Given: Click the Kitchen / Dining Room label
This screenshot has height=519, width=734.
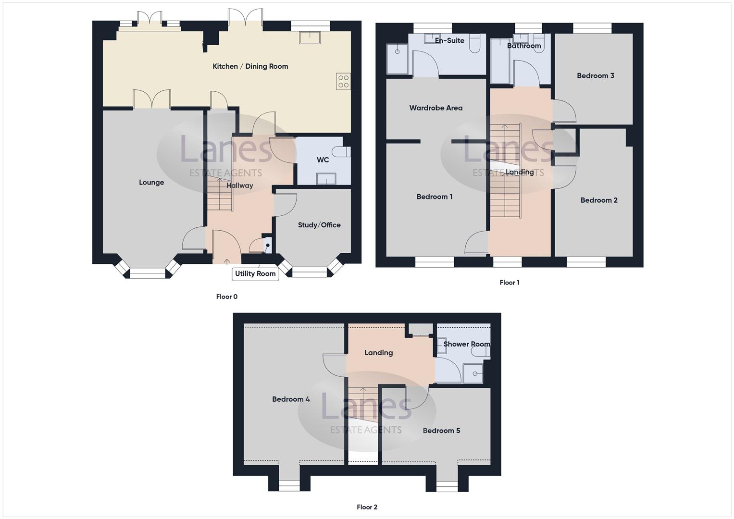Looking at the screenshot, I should point(250,66).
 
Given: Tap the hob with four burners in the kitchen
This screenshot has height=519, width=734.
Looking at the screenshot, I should point(343,81).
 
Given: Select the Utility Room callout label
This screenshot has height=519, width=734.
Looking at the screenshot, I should point(255,274).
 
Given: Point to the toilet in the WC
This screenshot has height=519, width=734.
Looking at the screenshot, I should point(343,152).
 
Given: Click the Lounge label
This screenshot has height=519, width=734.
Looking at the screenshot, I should point(151,183).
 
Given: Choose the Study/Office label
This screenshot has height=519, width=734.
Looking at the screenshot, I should point(319,225).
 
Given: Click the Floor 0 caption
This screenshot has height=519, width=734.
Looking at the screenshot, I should point(227,297).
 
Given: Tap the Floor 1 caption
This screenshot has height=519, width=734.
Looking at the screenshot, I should point(510,283).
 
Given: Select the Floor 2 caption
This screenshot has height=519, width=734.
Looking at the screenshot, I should point(367,507).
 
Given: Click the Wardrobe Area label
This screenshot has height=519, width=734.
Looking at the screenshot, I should point(436,108).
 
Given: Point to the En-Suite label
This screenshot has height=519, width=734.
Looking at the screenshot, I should point(449,41).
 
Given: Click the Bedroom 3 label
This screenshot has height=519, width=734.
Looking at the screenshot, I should point(596,75).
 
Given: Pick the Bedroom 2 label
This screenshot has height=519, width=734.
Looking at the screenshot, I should point(599,200).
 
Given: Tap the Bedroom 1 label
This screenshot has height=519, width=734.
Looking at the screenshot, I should point(435,197).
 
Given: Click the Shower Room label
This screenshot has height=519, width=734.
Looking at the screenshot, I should point(467,344).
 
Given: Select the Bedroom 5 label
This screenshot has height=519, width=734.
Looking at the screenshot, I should point(441,431).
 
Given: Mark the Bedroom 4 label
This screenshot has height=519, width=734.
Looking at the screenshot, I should point(291,399).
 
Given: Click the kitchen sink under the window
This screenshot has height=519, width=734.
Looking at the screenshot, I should point(310,37).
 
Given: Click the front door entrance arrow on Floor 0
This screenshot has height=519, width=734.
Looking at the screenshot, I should point(227,261).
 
